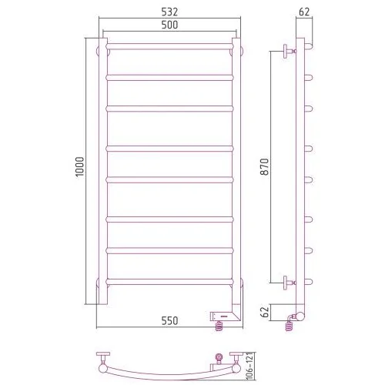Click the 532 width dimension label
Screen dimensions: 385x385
click(169, 12)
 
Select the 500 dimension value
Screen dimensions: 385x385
click(169, 25)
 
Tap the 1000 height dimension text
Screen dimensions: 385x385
click(80, 166)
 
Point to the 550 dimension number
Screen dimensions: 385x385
click(169, 320)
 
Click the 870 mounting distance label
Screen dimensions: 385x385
click(264, 167)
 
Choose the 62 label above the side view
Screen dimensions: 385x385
click(304, 12)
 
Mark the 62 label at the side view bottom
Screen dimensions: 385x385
click(266, 311)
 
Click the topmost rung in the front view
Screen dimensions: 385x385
click(169, 46)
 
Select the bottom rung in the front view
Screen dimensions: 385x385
click(169, 282)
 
